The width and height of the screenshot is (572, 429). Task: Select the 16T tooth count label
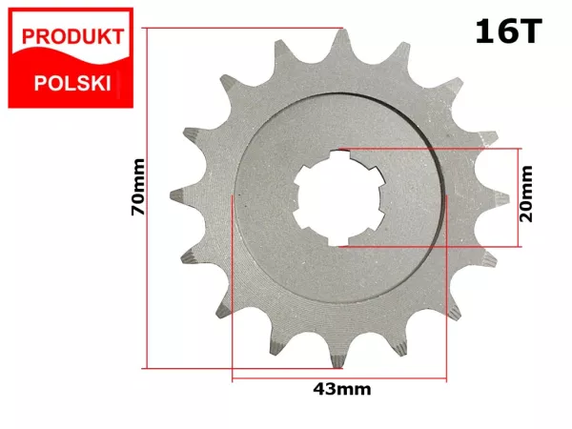click(x=507, y=32)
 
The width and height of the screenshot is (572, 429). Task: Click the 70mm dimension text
click(x=139, y=197)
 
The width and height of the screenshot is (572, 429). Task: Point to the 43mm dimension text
click(x=342, y=389)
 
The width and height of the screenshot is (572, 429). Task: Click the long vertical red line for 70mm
click(x=148, y=197)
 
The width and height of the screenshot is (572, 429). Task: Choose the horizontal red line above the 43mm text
click(x=337, y=379)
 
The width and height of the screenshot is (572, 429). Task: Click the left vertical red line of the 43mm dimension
click(x=233, y=286)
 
